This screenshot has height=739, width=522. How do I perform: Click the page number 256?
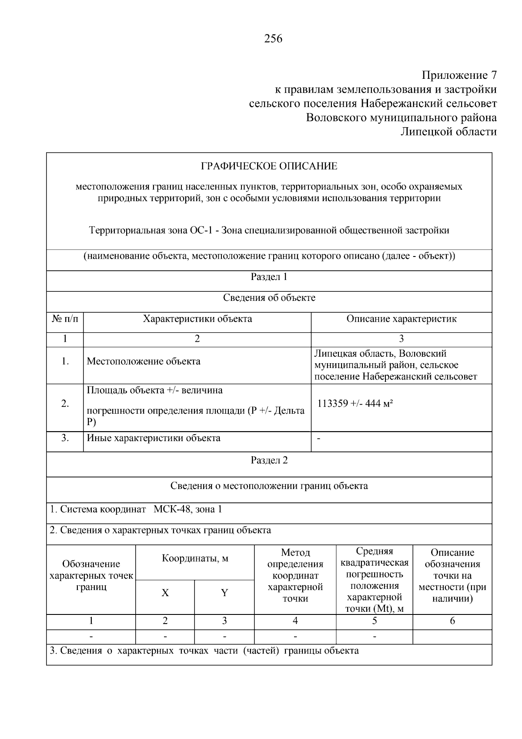coord(273,39)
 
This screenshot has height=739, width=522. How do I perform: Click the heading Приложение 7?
coord(459,75)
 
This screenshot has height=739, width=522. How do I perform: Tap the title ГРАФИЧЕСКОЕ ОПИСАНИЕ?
coord(269,166)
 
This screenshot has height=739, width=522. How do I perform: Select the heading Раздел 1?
coord(269,277)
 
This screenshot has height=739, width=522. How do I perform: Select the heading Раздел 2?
coord(269,460)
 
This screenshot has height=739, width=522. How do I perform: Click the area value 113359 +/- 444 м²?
coord(355,404)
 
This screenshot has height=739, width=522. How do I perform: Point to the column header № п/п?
coord(65,319)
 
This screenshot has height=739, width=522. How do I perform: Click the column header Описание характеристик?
coord(401,319)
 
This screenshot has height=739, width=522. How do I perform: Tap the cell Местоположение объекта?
coord(144,361)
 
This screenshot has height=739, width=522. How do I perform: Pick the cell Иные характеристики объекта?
coord(154,438)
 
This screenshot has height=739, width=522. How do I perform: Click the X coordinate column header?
coord(165,593)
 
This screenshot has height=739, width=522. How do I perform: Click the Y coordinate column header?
coord(224,593)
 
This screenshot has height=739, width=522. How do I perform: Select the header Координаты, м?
coord(195,558)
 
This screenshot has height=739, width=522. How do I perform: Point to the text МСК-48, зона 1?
coord(187,509)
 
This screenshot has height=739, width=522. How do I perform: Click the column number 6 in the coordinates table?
coord(452,621)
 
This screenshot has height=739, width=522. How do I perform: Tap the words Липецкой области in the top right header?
coord(448,132)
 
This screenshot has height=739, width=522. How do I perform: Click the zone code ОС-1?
coord(201,230)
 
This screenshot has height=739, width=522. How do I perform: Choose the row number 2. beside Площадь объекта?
coord(65,404)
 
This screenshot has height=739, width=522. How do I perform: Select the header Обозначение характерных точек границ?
coord(91,576)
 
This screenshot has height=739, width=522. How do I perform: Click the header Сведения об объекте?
coord(269,298)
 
